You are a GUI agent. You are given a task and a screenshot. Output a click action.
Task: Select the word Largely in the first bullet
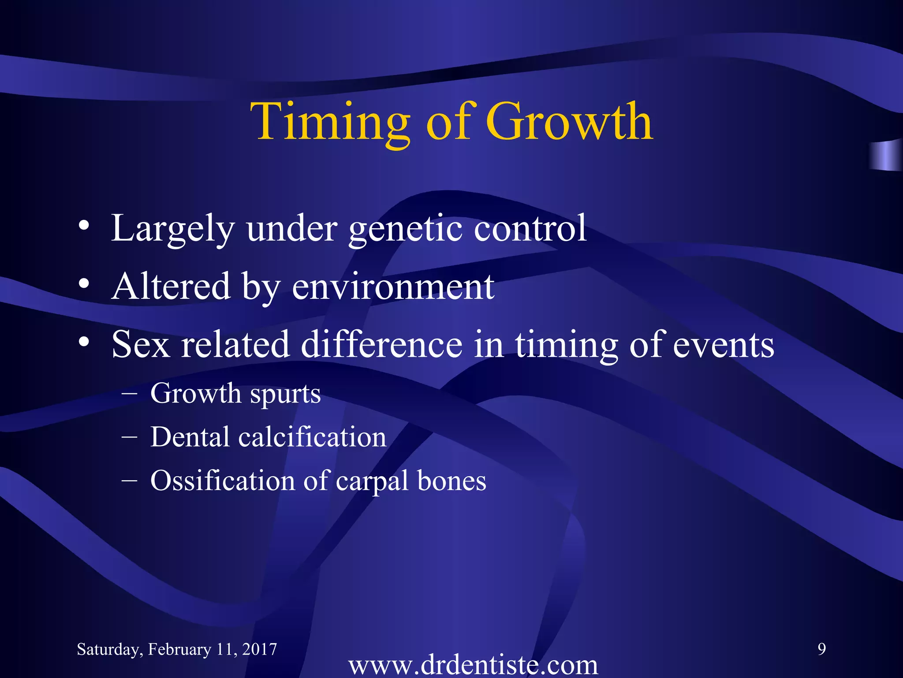pos(172,229)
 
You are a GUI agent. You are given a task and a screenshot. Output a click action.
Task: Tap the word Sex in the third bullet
pos(141,345)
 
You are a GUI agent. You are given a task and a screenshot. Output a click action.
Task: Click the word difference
pos(382,344)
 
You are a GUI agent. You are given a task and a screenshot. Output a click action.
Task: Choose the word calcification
pos(312,437)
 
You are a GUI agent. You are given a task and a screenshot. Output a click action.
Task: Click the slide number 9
pos(821,649)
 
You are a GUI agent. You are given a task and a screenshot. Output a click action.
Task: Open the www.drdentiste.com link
pos(473,665)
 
